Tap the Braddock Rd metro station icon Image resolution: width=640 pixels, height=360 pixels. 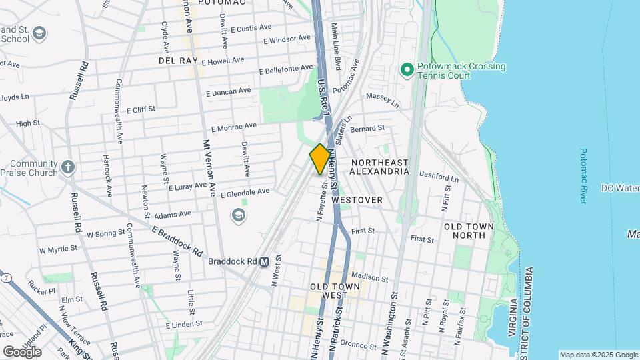point(264,262)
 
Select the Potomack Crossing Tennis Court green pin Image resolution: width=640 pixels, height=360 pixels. point(407,69)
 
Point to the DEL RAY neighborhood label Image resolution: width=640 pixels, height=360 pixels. point(177,61)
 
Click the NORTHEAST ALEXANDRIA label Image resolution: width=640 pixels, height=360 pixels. point(379,167)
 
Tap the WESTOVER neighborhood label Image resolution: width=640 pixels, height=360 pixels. point(357,200)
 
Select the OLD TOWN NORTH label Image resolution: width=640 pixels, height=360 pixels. point(469,231)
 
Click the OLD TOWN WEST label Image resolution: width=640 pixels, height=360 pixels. point(335,291)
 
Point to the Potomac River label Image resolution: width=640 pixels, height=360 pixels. point(583,176)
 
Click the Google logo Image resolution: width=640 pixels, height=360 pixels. point(22,351)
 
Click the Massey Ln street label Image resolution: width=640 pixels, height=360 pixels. point(382,101)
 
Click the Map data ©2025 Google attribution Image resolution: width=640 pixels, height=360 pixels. point(598,355)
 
